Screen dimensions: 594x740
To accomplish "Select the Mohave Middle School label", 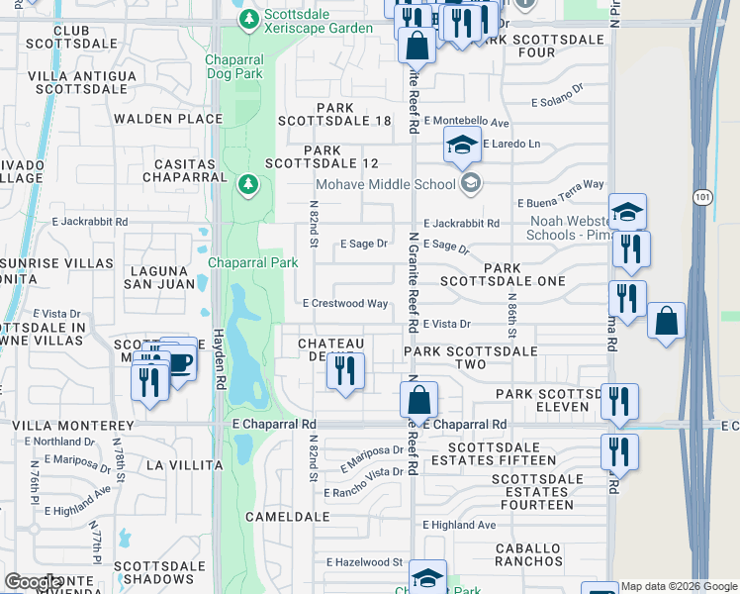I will click(x=385, y=183).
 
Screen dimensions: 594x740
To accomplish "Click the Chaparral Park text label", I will click(x=253, y=262).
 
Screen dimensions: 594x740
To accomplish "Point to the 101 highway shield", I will click(x=699, y=197).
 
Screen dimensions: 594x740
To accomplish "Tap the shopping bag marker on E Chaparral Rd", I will click(x=418, y=401).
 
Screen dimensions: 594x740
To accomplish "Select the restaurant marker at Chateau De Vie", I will click(x=344, y=371).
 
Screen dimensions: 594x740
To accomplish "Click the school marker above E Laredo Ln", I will click(x=461, y=147).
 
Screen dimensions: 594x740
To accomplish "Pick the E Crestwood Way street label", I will click(x=344, y=304).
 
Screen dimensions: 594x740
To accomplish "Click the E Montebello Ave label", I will click(x=466, y=123).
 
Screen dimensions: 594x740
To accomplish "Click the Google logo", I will click(x=33, y=582).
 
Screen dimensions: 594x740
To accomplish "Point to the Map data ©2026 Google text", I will click(x=680, y=586).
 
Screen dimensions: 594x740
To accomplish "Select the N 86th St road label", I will click(x=512, y=315).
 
